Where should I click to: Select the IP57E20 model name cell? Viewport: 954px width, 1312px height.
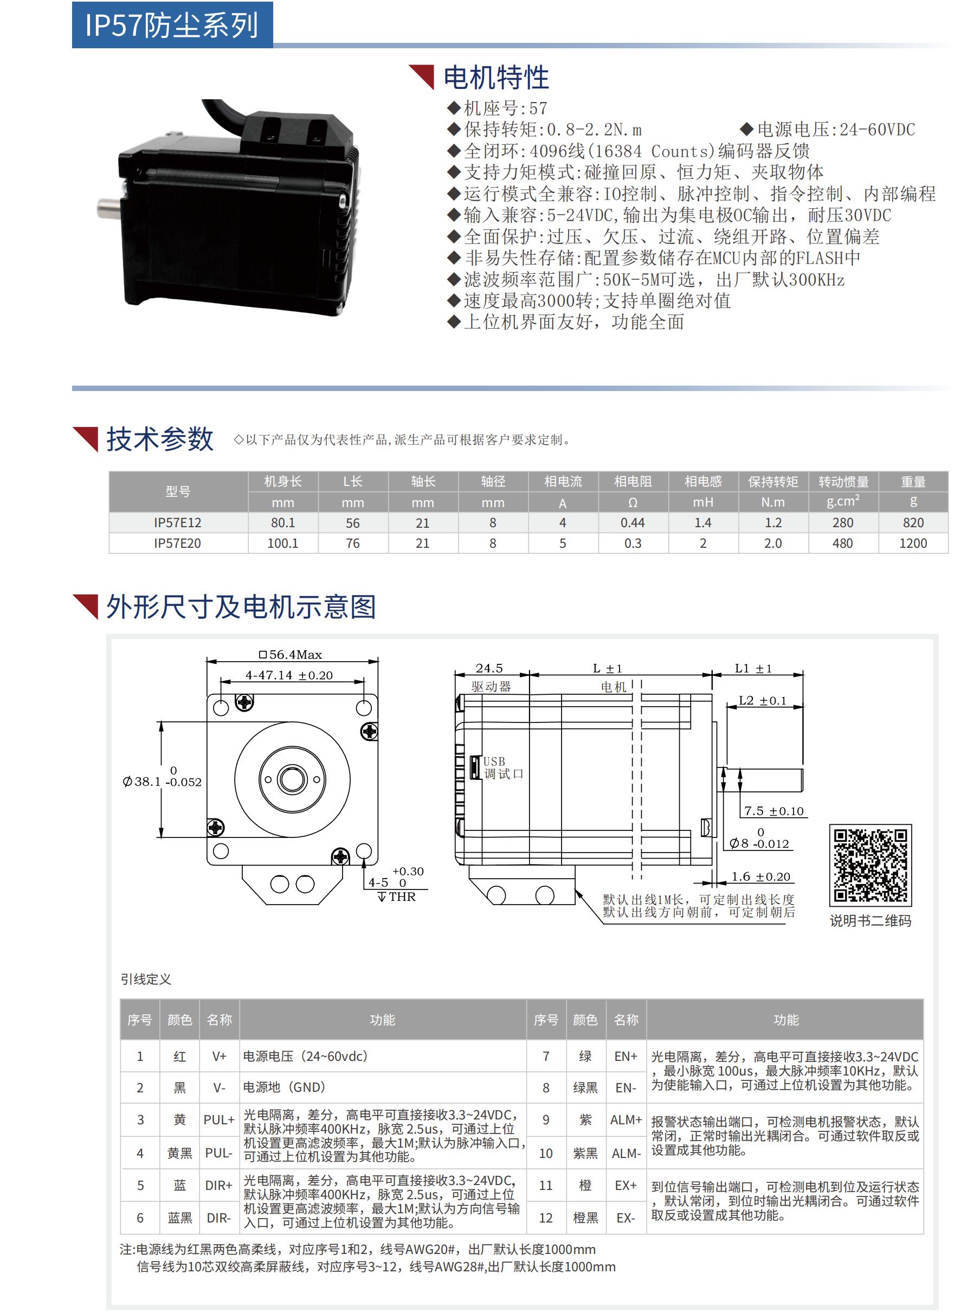tap(177, 543)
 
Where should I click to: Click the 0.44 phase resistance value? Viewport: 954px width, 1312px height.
tap(633, 522)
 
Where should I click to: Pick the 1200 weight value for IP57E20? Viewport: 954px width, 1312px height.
tap(913, 543)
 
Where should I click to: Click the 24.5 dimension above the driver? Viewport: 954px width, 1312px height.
tap(489, 668)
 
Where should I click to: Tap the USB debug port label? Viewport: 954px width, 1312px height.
tap(502, 767)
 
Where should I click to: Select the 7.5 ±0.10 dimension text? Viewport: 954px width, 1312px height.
tap(773, 811)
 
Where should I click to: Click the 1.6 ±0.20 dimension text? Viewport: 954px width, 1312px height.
tap(760, 876)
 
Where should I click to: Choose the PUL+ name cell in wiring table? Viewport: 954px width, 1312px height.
tap(219, 1119)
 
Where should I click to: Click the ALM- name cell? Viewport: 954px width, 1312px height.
tap(626, 1153)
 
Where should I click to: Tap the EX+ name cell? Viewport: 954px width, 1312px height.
tap(626, 1185)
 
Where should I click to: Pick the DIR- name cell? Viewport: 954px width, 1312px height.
tap(219, 1217)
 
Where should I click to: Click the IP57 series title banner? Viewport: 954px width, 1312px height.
tap(172, 25)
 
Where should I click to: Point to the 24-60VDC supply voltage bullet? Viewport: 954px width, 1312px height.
tap(835, 130)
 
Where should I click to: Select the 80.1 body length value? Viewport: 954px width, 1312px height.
tap(283, 522)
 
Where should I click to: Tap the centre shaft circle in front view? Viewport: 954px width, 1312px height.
tap(292, 779)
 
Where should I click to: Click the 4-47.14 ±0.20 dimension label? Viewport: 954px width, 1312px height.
tap(289, 675)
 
